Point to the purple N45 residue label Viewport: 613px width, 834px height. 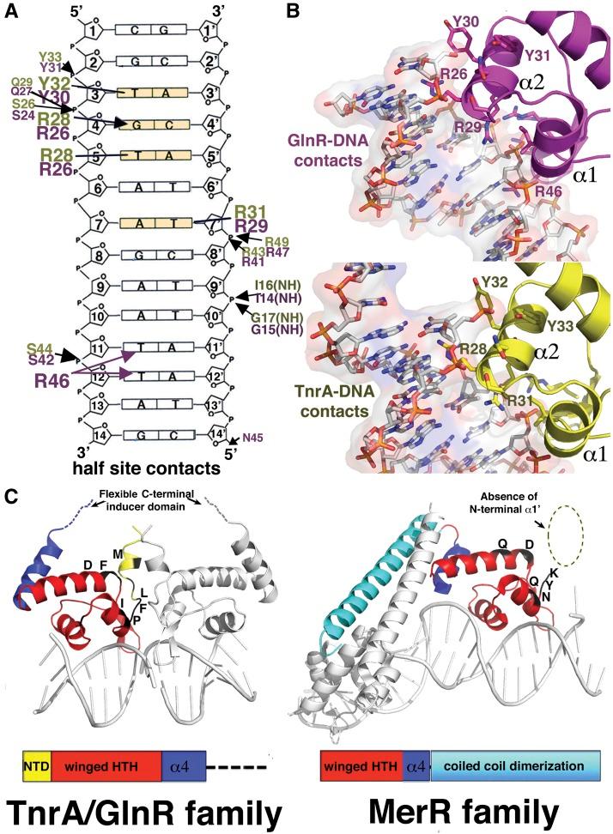(x=255, y=437)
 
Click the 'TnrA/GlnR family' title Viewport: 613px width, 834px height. (x=145, y=811)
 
